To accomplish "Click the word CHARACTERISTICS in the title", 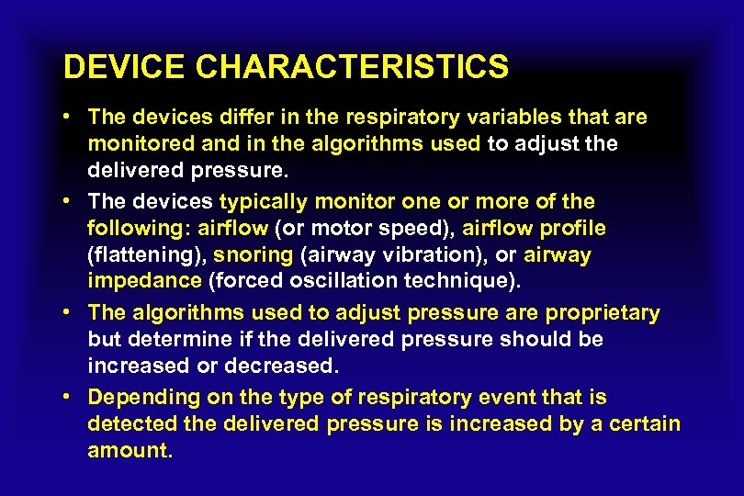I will pyautogui.click(x=353, y=66).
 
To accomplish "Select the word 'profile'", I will pyautogui.click(x=569, y=228).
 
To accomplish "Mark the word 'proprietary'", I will pyautogui.click(x=603, y=313).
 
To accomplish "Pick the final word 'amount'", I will pyautogui.click(x=127, y=451).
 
